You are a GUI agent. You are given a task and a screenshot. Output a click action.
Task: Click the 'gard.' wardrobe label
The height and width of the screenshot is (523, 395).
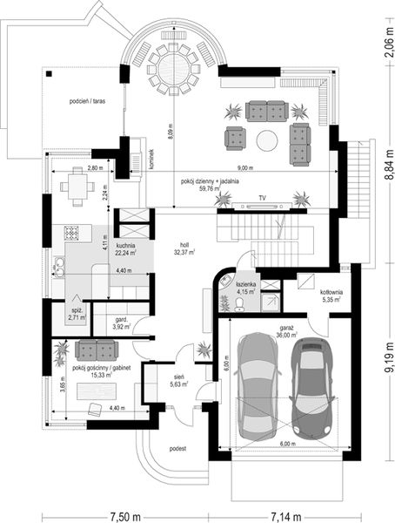tap(123, 320)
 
